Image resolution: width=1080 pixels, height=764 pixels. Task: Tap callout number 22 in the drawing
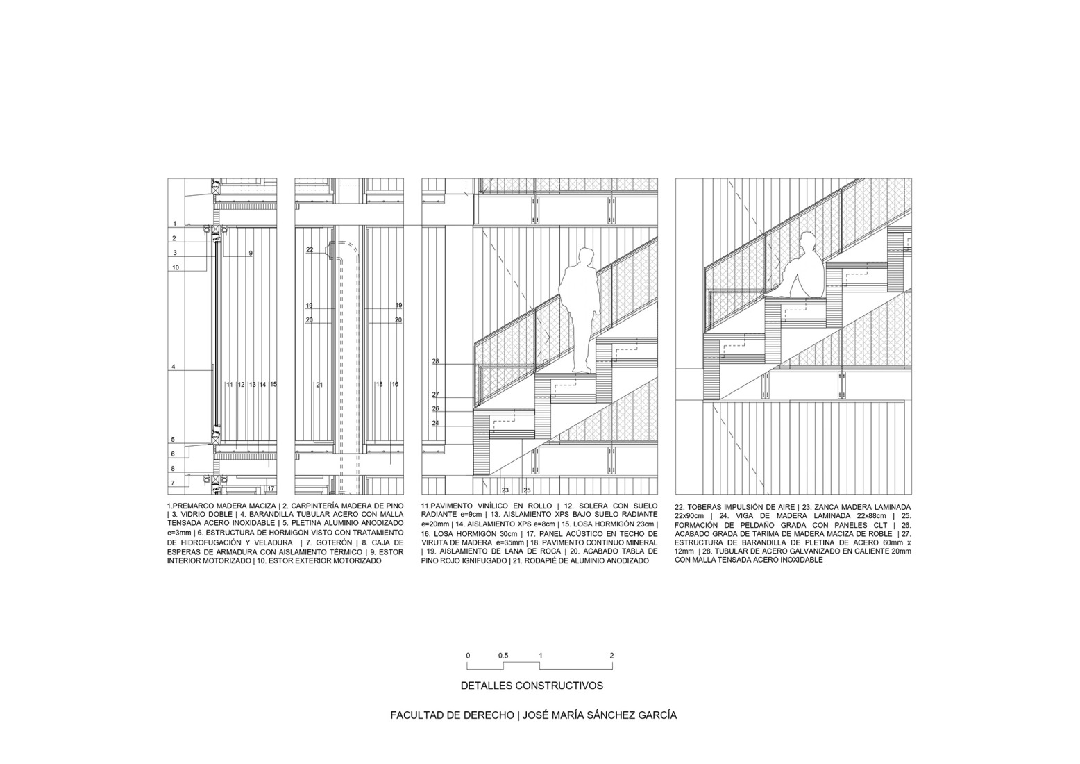coord(310,249)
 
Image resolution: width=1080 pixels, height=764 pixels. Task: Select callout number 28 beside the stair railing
coord(435,361)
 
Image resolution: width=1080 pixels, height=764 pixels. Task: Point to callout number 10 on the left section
coord(176,267)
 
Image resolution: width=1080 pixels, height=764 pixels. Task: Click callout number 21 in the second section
coord(319,385)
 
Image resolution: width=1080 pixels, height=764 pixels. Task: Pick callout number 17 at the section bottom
coord(271,488)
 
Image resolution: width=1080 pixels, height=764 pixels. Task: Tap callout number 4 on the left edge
coord(174,367)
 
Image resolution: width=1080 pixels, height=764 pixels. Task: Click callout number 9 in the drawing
coord(251,253)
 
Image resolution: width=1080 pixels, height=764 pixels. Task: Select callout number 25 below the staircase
coord(527,490)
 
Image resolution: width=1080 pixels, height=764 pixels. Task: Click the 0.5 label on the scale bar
coord(503,656)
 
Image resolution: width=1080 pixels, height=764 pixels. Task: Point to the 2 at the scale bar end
coord(611,656)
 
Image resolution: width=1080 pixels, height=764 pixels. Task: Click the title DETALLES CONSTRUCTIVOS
coord(532,686)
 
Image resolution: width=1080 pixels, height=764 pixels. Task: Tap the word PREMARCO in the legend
coord(190,506)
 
